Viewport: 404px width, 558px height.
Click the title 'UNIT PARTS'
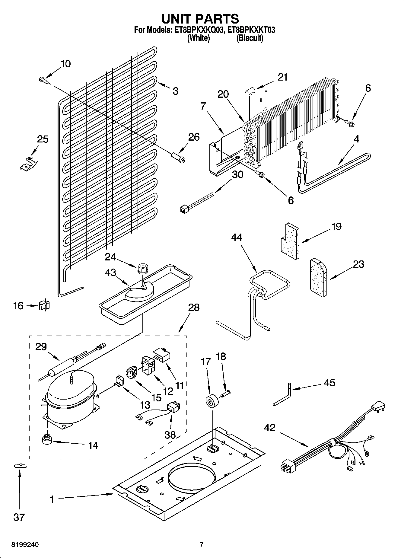pyautogui.click(x=200, y=19)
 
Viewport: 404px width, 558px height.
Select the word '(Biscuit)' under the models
pyautogui.click(x=250, y=38)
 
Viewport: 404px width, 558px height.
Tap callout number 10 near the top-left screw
pyautogui.click(x=65, y=64)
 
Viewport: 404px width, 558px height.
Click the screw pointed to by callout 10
pyautogui.click(x=43, y=80)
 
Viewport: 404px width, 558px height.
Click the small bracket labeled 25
pyautogui.click(x=28, y=163)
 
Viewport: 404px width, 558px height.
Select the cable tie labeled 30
pyautogui.click(x=196, y=201)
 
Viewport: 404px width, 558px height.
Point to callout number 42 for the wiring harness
pyautogui.click(x=270, y=428)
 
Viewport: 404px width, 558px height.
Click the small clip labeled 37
pyautogui.click(x=20, y=466)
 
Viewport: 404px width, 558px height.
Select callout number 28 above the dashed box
pyautogui.click(x=194, y=308)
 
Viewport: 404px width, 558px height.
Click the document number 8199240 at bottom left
pyautogui.click(x=25, y=545)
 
